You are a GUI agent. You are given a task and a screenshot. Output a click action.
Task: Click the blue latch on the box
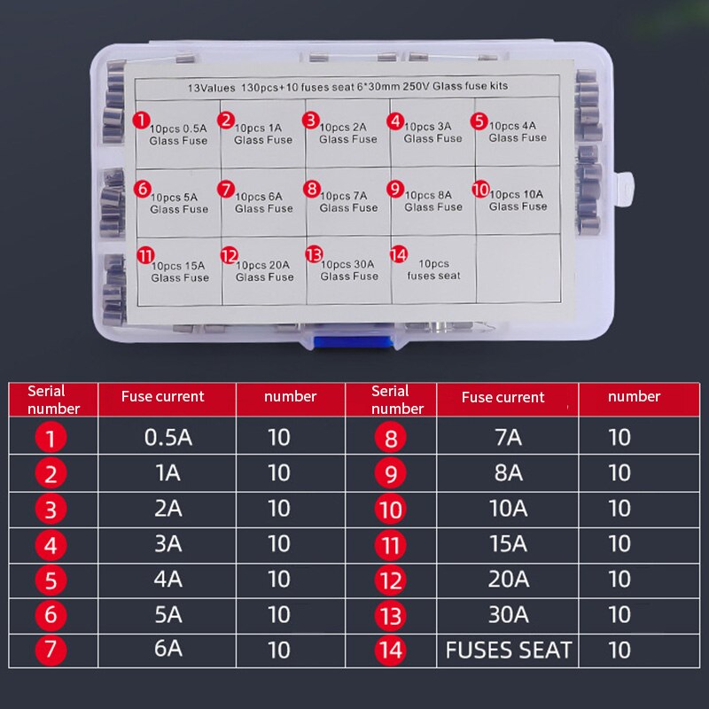352,342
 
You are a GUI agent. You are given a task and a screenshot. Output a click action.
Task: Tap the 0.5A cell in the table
168,437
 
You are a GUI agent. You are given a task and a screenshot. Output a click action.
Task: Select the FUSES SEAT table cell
508,650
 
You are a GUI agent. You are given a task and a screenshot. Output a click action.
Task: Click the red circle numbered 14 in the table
390,651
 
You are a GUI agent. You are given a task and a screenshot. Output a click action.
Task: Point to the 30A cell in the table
508,614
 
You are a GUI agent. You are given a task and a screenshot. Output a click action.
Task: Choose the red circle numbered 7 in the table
51,650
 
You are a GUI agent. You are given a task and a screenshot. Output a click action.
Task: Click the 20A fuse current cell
508,580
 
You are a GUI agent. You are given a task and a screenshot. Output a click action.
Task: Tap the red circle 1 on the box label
141,121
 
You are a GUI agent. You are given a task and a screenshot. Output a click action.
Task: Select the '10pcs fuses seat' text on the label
433,269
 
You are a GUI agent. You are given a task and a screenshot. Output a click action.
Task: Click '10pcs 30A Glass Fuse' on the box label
349,270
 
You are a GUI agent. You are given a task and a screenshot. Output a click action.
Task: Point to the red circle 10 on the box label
480,189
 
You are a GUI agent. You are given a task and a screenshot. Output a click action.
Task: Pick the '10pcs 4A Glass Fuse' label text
518,131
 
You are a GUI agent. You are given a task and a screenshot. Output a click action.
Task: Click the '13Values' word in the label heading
211,88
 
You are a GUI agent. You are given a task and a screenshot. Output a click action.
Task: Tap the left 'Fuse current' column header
163,396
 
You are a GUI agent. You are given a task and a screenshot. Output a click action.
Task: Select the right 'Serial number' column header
397,400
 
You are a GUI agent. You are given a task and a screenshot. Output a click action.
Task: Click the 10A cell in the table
508,508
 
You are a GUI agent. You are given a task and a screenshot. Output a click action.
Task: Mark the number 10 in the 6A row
278,650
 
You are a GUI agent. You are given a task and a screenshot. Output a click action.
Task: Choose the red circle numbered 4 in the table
51,545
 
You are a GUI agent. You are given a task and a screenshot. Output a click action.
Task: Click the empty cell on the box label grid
518,269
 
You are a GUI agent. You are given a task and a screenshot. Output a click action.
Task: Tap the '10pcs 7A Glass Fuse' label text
348,202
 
